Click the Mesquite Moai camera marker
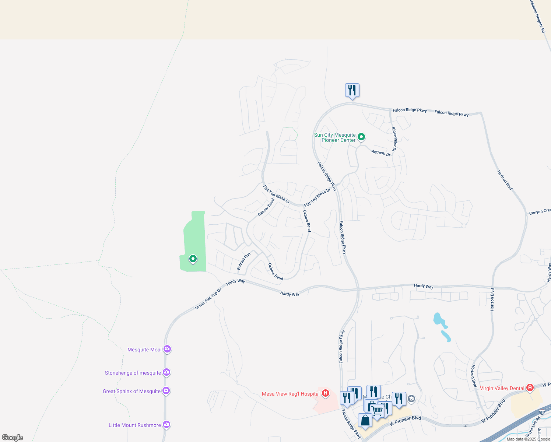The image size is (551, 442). coord(167,349)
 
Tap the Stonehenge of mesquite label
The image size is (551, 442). coord(133,373)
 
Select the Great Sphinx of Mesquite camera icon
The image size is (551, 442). coord(166,391)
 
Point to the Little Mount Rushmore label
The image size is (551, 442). coord(134,425)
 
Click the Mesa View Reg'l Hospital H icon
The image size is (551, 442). coord(325,393)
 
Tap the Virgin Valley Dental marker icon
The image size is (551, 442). coord(530,388)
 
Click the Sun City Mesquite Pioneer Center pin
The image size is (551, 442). coord(361,137)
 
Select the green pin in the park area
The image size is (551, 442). coord(193,259)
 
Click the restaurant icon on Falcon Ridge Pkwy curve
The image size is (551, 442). coord(352,90)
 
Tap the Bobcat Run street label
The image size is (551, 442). coord(243,261)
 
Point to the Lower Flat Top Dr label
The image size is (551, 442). coord(208,299)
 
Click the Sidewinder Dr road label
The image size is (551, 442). coord(394,139)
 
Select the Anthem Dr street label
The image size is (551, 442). coord(381,152)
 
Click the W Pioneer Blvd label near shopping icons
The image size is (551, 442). coord(405,421)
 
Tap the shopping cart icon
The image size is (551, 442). coord(377,410)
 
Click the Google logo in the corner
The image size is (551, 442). coord(13,438)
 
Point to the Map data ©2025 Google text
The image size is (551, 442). coord(528,439)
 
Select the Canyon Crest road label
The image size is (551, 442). coord(540,212)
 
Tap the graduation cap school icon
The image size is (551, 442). coord(411,399)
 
